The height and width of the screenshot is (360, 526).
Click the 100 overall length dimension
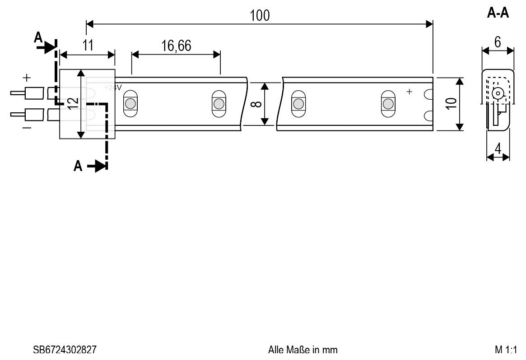click(260, 15)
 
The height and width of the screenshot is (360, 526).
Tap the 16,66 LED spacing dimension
click(176, 46)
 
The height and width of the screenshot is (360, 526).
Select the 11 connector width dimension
click(88, 45)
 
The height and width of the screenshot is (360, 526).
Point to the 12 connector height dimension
click(73, 103)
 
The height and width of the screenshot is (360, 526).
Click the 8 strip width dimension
click(256, 104)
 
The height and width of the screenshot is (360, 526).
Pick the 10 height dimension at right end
click(451, 104)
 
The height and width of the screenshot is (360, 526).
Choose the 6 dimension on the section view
click(498, 42)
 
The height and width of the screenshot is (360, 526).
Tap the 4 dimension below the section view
click(498, 148)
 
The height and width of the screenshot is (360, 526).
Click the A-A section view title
click(498, 13)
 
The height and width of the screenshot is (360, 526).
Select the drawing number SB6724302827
click(65, 350)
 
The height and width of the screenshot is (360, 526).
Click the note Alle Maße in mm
click(303, 350)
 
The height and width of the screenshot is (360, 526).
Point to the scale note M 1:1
click(506, 350)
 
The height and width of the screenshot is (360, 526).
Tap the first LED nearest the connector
click(130, 103)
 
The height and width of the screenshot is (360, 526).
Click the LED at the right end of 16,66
click(219, 103)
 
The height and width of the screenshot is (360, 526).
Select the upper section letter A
click(38, 37)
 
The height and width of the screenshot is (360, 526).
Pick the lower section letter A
click(78, 166)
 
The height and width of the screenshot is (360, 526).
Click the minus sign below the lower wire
click(27, 128)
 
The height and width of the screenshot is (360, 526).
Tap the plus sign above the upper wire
click(27, 78)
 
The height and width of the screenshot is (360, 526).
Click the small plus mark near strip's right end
click(409, 91)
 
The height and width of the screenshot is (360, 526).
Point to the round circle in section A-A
click(498, 93)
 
